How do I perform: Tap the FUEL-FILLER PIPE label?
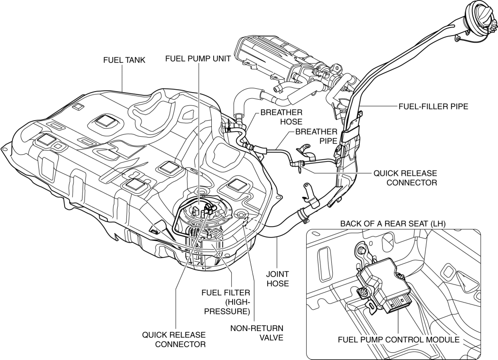[x=433, y=107]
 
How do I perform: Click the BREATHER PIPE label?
[x=316, y=136]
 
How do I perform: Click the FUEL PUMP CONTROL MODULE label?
[x=398, y=340]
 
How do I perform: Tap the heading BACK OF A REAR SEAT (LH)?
[x=392, y=223]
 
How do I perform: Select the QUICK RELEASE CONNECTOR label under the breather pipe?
[x=405, y=178]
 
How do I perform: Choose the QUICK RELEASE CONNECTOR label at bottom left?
[x=174, y=340]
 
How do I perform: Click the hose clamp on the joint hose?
[x=302, y=217]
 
